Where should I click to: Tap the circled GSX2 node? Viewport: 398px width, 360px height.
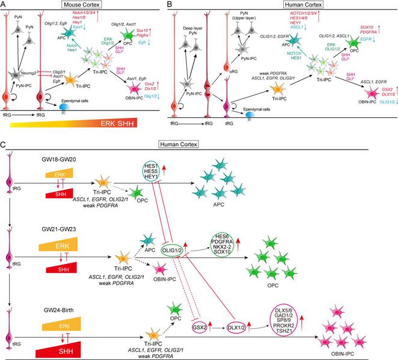point(201,328)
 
